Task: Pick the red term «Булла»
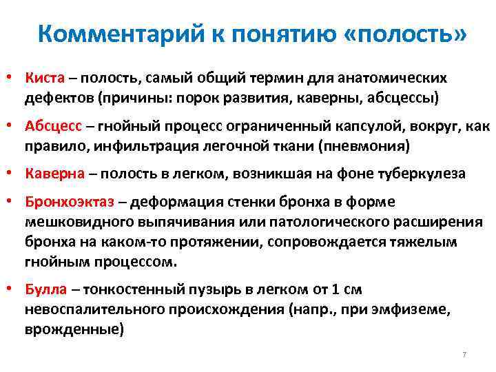(x=45, y=291)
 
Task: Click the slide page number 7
(x=464, y=354)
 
